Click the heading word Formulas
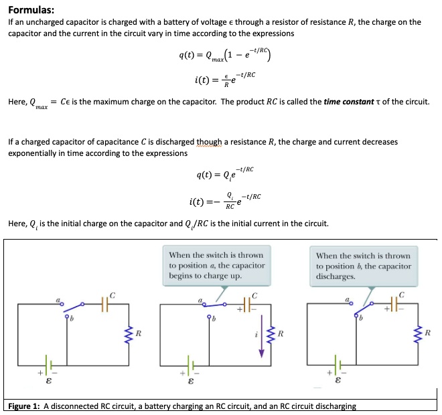(31, 9)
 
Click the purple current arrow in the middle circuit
(262, 335)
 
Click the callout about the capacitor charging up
(216, 265)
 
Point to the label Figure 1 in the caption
(24, 406)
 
